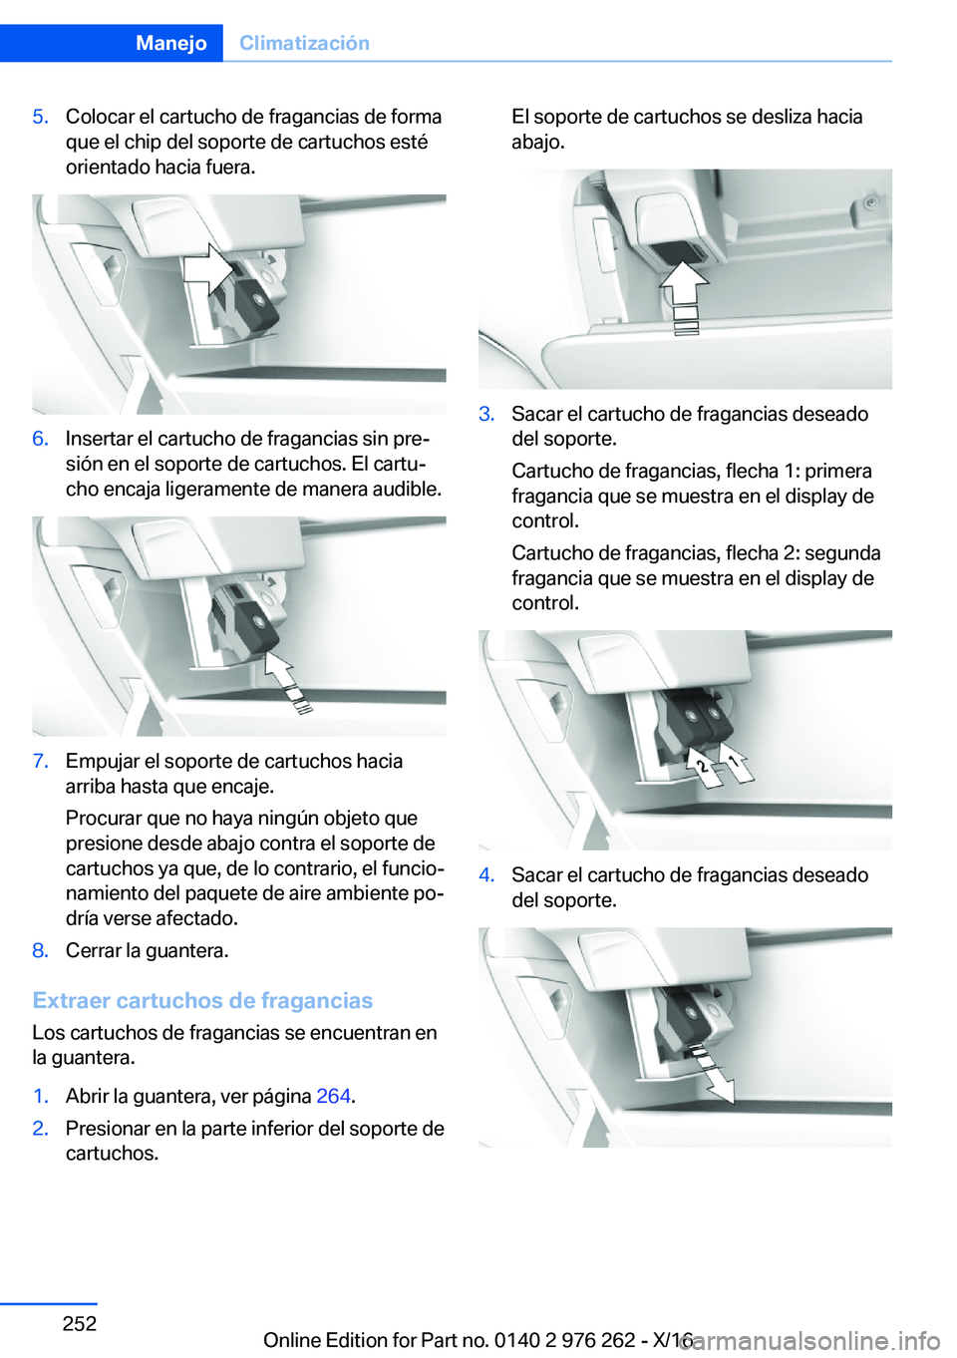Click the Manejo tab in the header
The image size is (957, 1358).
coord(171,43)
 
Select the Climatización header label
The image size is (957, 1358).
coord(304,43)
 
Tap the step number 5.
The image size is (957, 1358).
coord(41,117)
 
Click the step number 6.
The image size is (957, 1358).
coord(41,438)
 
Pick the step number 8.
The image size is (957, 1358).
coord(41,950)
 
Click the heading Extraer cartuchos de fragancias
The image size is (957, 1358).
coord(202,1000)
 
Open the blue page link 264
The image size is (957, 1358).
coord(333,1096)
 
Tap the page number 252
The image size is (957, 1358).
coord(80,1322)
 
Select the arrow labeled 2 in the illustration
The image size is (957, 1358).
coord(704,769)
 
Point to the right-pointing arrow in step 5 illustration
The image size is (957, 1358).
coord(209,270)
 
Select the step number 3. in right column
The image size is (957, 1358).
coord(486,414)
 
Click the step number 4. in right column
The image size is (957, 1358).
coord(486,874)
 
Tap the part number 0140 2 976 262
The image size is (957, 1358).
coord(565,1339)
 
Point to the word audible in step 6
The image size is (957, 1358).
coord(409,489)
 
